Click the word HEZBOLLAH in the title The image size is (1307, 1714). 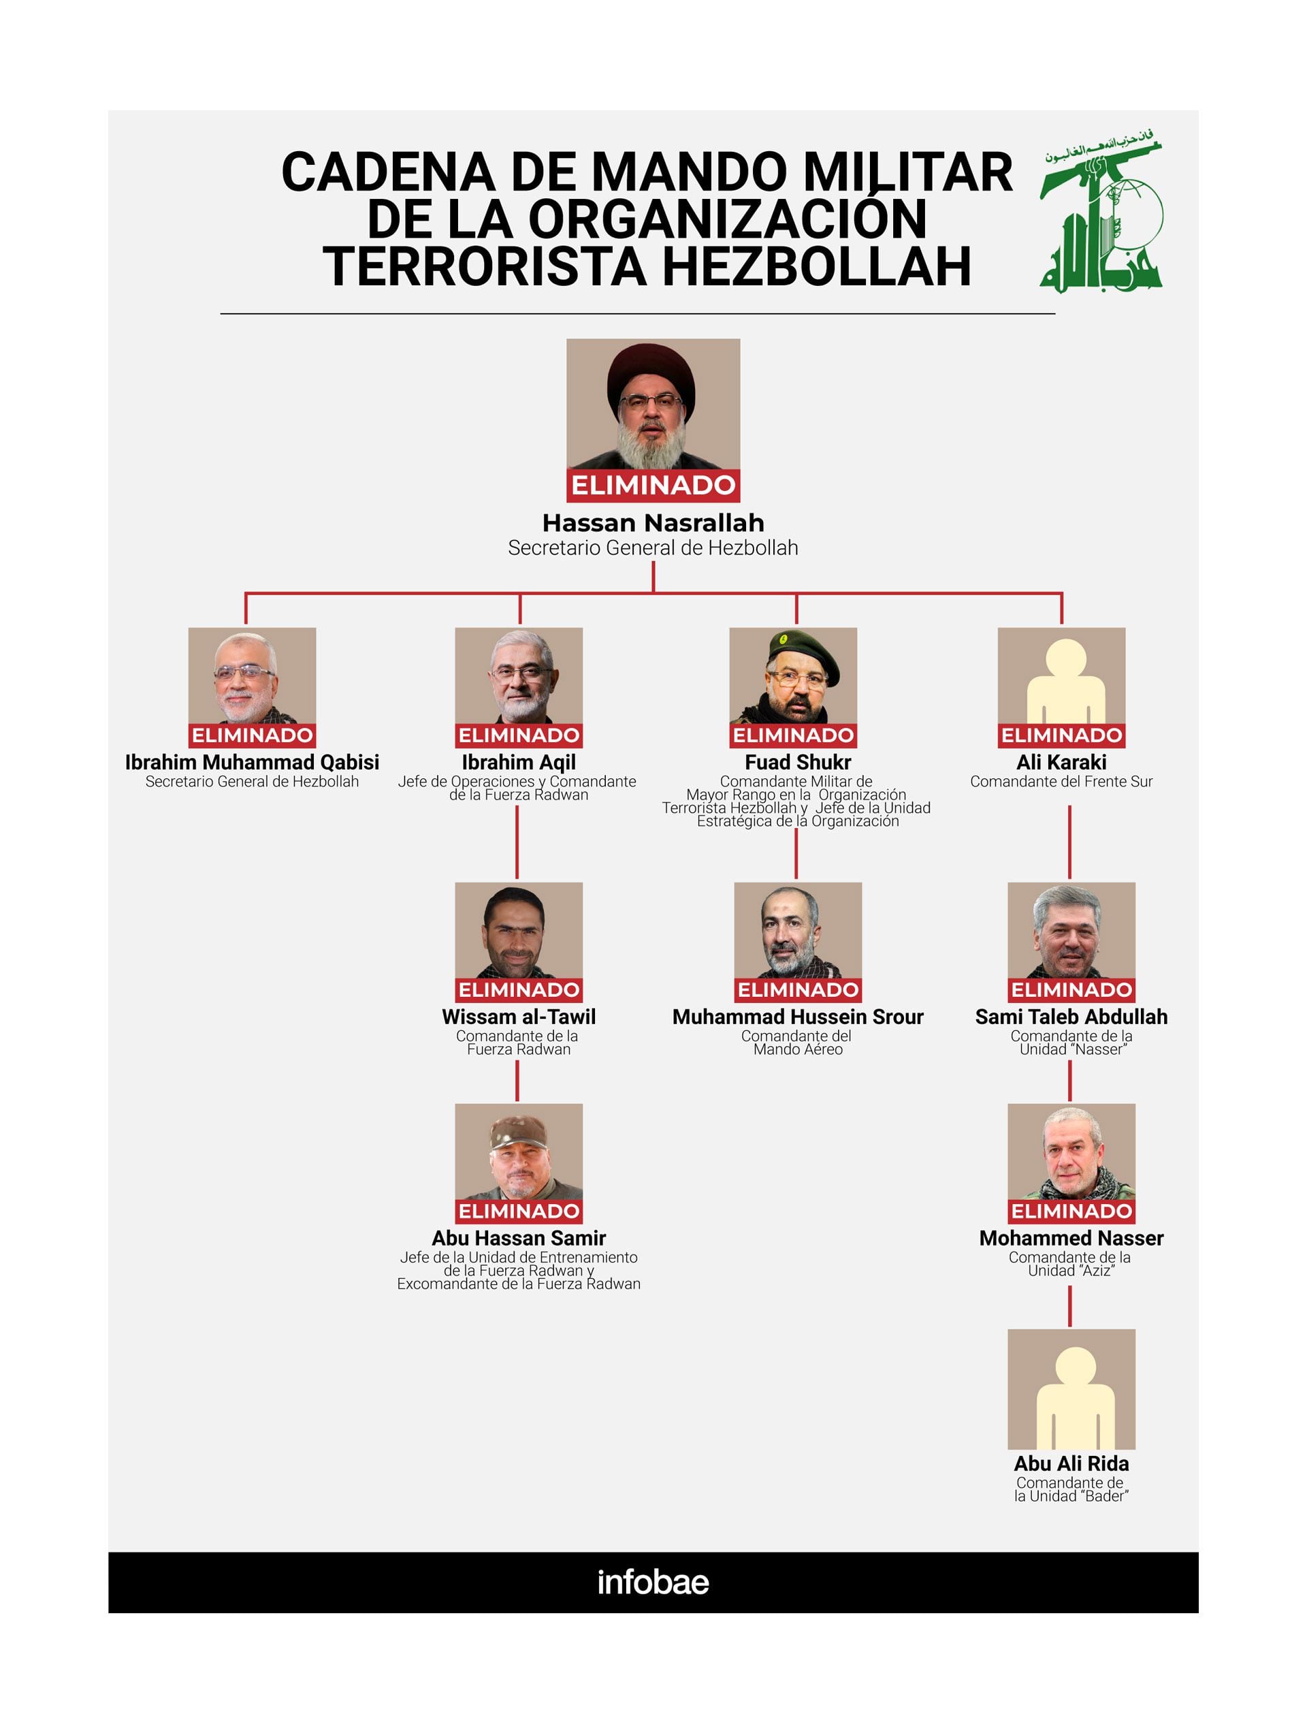tap(816, 266)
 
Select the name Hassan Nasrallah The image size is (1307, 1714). tap(653, 522)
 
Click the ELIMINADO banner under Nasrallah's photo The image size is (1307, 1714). tap(653, 486)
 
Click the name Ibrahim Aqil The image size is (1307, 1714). tap(518, 762)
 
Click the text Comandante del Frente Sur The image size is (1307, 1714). tap(1061, 781)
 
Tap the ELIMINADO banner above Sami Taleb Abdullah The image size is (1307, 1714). tap(1071, 989)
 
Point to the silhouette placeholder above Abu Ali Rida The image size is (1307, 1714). tap(1071, 1393)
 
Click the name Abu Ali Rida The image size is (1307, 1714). tap(1071, 1463)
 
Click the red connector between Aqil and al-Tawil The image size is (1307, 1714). tap(517, 842)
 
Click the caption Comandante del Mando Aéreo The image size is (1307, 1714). tap(797, 1043)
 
